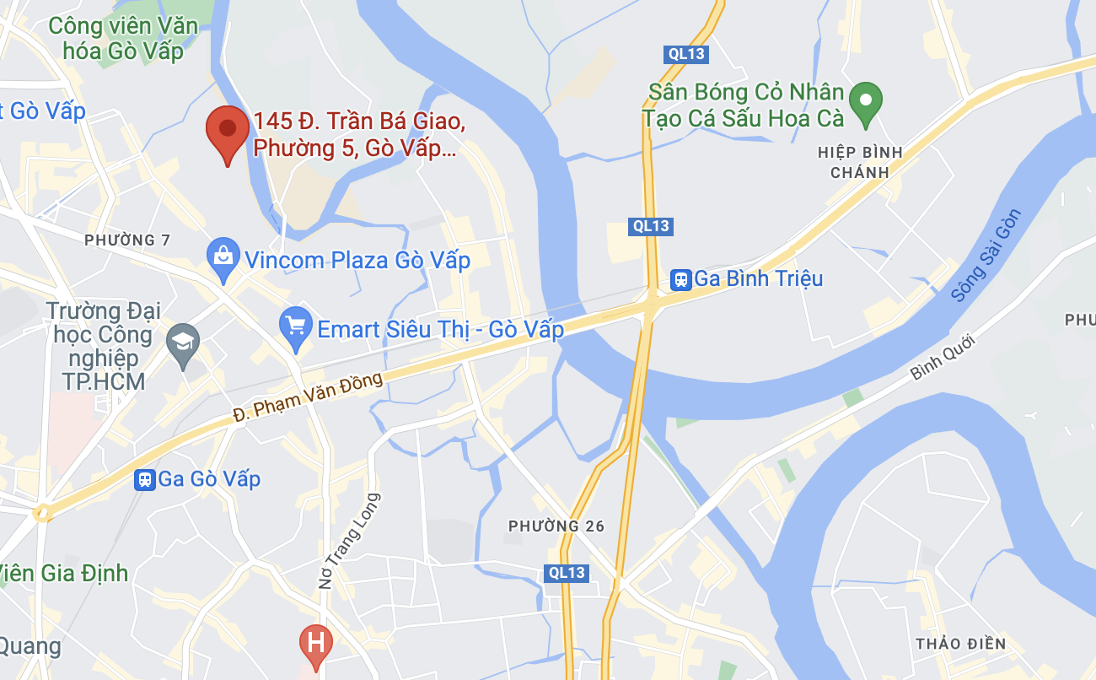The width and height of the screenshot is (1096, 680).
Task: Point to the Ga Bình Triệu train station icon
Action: (x=680, y=279)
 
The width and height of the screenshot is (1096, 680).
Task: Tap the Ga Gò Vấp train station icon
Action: (x=145, y=480)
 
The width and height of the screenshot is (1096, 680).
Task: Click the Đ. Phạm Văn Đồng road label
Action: (x=309, y=397)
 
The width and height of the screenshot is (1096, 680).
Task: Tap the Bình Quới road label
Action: (x=943, y=358)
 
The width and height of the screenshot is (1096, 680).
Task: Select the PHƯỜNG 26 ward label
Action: (x=556, y=526)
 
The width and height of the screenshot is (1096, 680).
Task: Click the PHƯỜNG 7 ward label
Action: (x=127, y=240)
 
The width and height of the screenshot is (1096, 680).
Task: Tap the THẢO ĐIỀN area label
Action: (x=960, y=644)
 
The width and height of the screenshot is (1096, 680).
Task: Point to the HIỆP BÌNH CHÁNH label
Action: (x=860, y=162)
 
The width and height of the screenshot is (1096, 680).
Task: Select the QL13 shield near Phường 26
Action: (x=566, y=573)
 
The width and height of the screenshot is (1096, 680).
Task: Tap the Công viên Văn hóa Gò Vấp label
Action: (x=123, y=38)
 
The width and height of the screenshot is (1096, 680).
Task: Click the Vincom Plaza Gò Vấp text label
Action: (x=357, y=260)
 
